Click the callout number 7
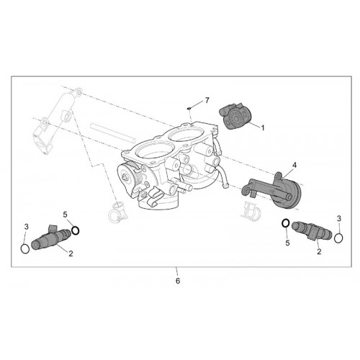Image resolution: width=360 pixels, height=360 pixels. tap(207, 100)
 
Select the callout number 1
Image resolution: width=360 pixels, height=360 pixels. tap(263, 128)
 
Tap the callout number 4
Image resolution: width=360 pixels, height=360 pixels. tap(294, 165)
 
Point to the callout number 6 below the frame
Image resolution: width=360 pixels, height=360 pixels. tap(178, 281)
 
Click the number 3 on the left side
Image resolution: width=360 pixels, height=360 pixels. tap(27, 227)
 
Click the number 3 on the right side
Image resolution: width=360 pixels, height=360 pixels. tap(339, 219)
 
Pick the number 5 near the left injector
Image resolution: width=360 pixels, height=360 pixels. tap(66, 215)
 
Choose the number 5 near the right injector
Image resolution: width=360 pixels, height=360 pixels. tap(287, 243)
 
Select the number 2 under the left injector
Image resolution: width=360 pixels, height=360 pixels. tap(71, 253)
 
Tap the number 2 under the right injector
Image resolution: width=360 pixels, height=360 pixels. tap(319, 251)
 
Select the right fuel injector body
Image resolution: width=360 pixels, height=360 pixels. tap(312, 231)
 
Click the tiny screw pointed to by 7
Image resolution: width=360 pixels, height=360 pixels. tap(189, 109)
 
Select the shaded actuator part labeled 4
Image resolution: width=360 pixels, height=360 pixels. tap(274, 189)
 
